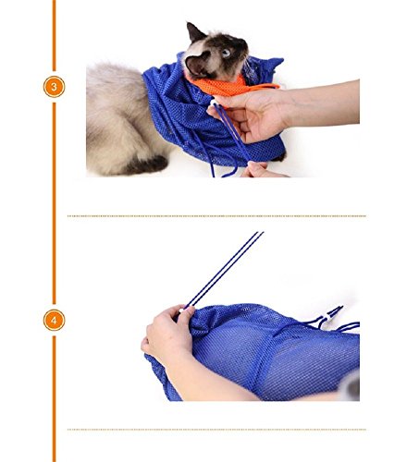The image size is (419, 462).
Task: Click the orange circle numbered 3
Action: [54, 87]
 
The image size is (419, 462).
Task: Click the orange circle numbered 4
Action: [54, 320]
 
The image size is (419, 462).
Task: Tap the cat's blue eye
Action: [225, 54]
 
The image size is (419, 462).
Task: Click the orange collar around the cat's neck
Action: [222, 86]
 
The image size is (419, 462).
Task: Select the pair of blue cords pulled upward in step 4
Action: [227, 268]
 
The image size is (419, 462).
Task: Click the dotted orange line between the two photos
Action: [216, 216]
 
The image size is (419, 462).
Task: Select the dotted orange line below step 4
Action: [216, 429]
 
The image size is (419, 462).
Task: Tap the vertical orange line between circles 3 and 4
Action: [54, 203]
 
